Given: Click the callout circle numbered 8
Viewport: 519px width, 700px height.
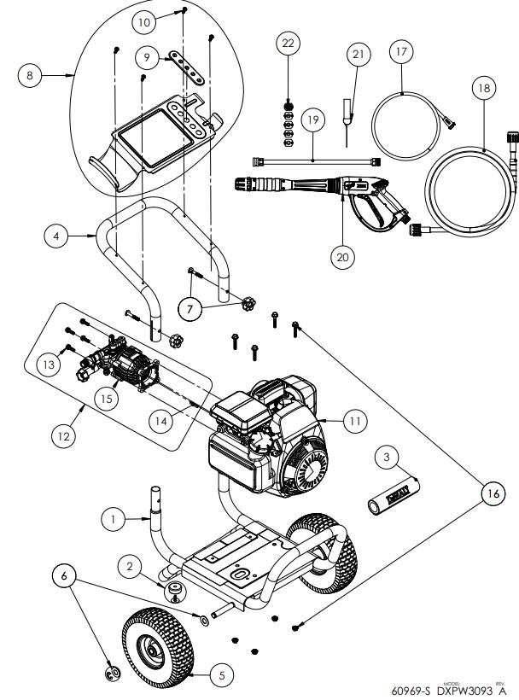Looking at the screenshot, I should point(30,75).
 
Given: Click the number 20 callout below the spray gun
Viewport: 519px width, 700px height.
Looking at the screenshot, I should point(343,257).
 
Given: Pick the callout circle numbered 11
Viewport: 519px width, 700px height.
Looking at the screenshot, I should point(353,420).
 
